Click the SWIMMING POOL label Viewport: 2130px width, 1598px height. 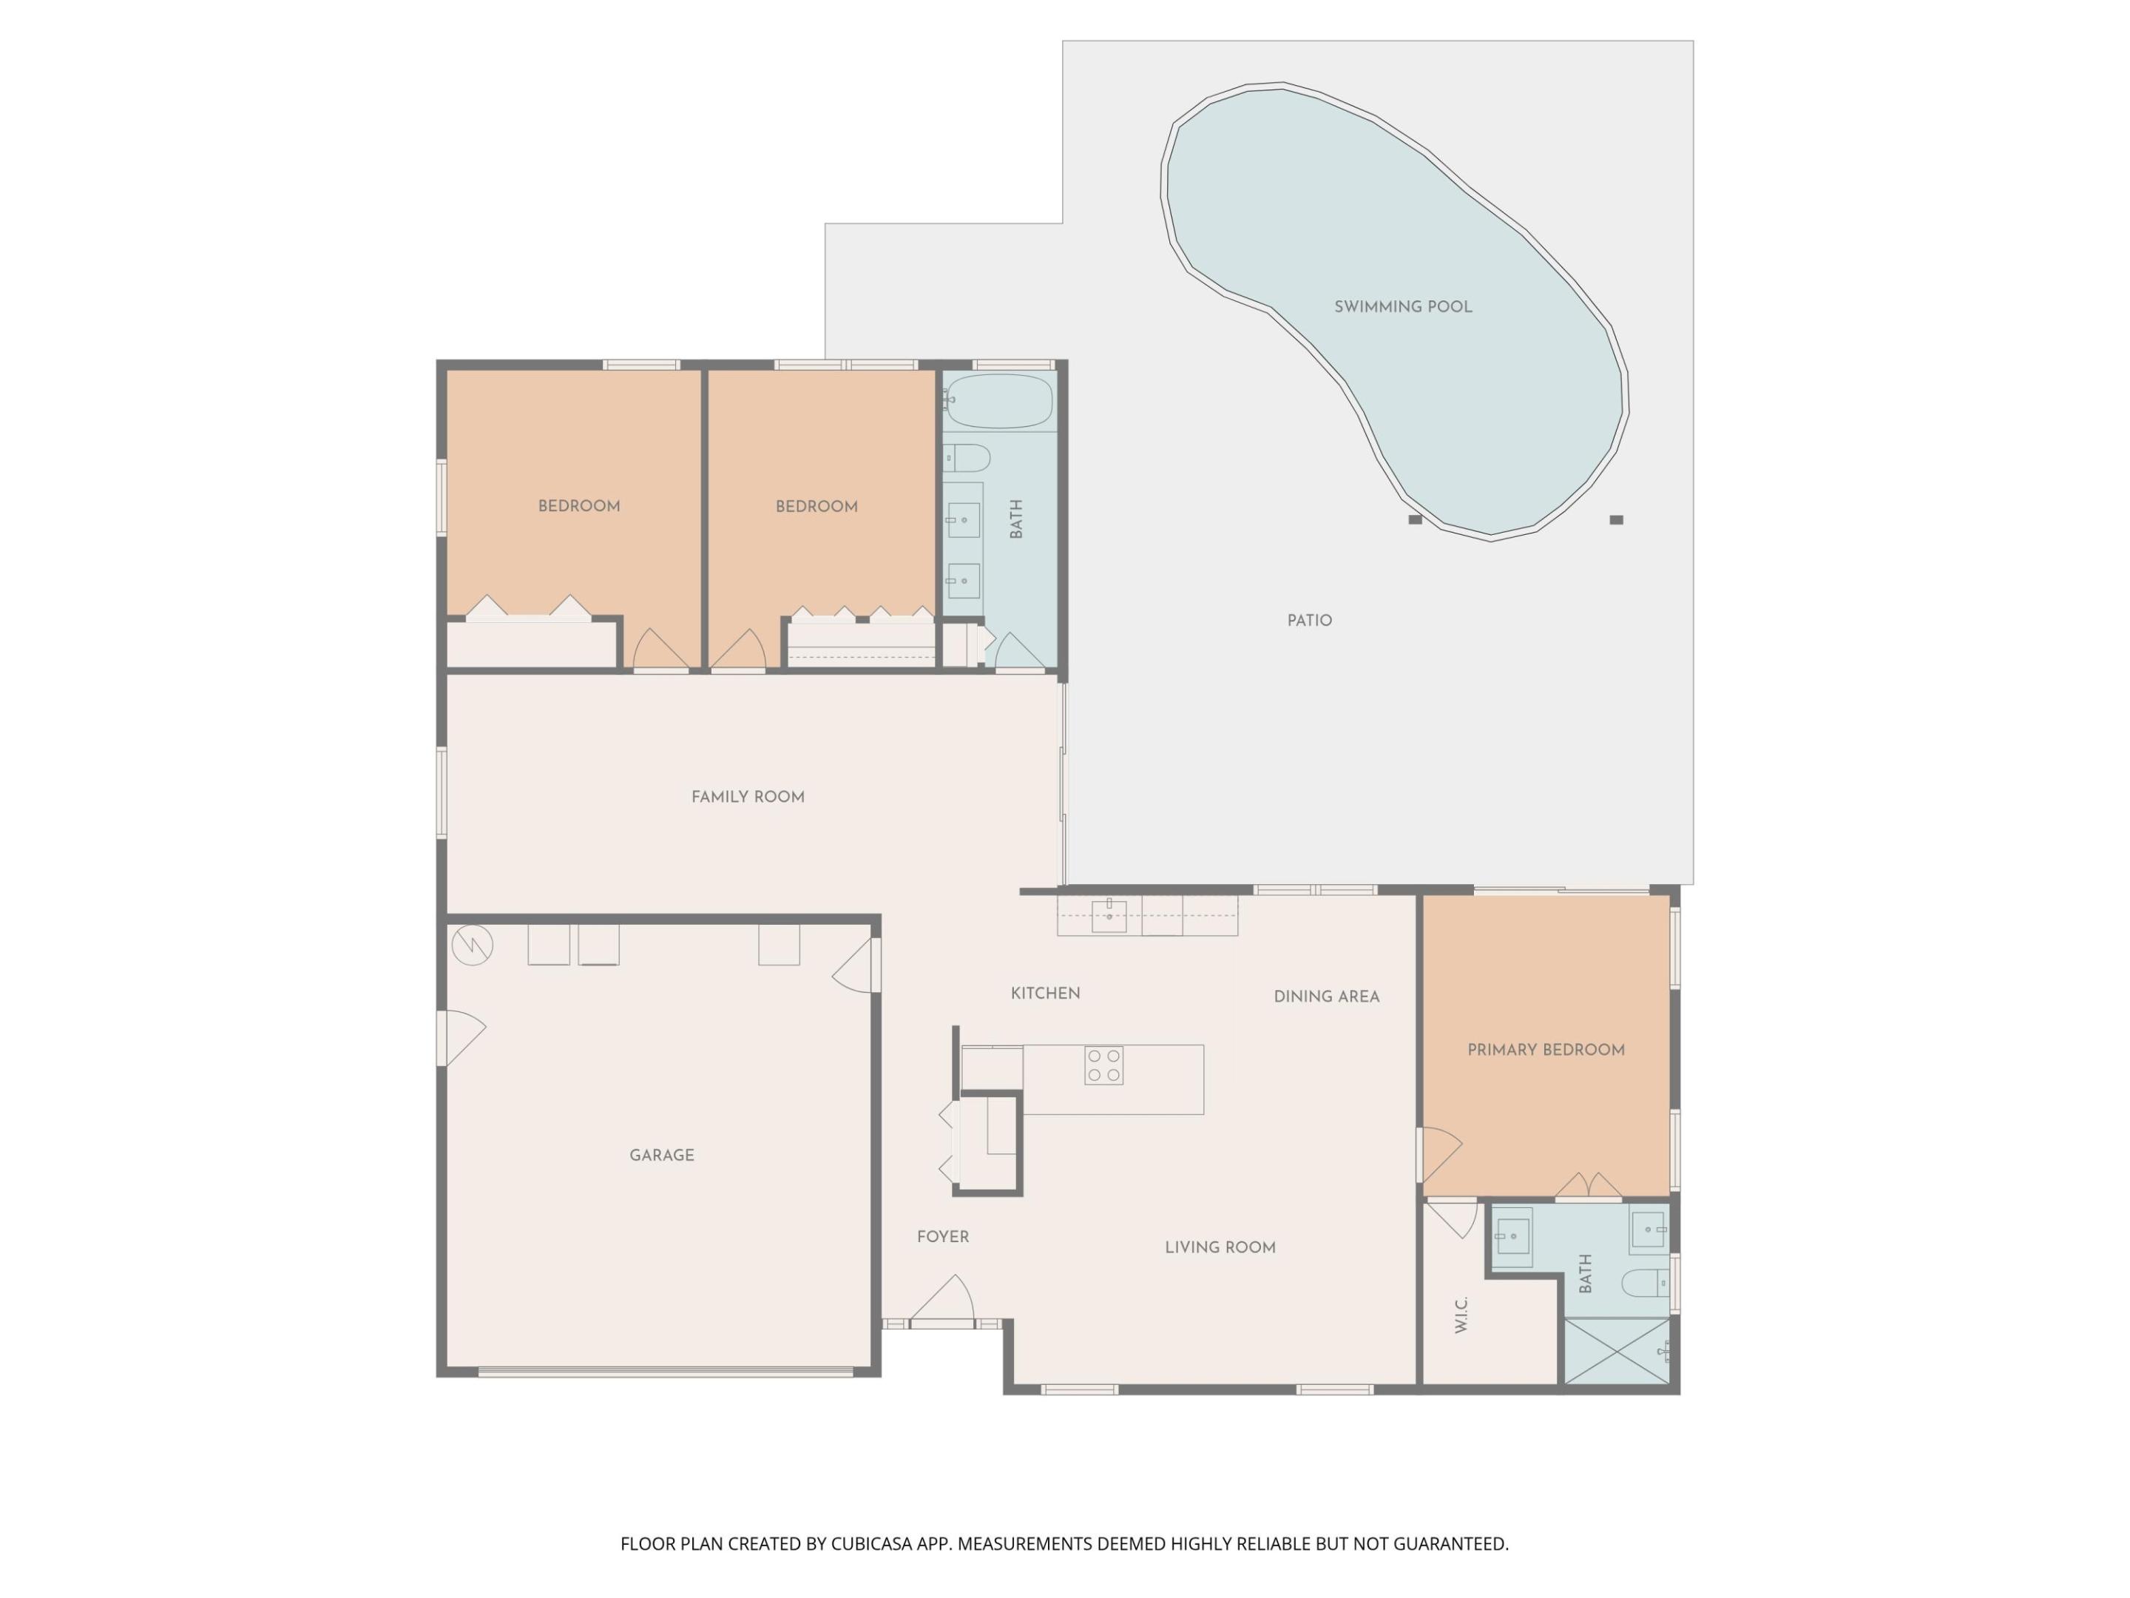[1402, 307]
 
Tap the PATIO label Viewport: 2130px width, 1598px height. [1310, 620]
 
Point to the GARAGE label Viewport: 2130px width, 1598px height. [661, 1155]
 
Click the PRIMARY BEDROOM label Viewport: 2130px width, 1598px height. [1546, 1050]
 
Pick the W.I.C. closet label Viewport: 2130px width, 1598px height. [1461, 1315]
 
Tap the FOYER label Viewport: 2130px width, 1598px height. [943, 1237]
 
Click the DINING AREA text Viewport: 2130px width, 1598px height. [1326, 997]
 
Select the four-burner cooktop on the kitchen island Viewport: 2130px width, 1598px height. [1103, 1065]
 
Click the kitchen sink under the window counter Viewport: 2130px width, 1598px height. [1109, 916]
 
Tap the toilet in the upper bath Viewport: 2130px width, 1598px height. [967, 457]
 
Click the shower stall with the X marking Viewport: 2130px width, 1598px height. [1617, 1352]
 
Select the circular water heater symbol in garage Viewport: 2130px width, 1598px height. [472, 945]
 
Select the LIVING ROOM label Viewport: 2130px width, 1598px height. [1220, 1247]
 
